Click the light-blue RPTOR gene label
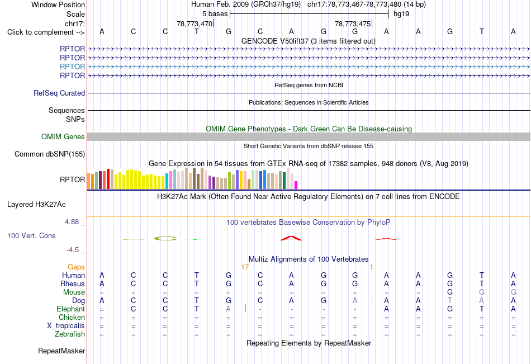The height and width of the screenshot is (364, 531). coord(72,67)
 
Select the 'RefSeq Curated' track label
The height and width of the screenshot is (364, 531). coord(59,93)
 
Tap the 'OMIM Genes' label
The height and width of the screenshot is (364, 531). coord(63,136)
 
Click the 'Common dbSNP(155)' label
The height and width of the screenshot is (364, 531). coord(50,154)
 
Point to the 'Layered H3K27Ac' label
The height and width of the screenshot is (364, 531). coord(36,205)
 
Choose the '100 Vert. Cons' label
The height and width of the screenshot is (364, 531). coord(31,235)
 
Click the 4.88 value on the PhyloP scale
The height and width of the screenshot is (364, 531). coord(72,221)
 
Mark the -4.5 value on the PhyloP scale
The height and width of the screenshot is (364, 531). coord(73,250)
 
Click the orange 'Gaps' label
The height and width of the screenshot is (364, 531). coord(76,267)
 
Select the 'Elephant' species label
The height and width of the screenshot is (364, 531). coord(71,309)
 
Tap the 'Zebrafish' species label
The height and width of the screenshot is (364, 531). coord(70,334)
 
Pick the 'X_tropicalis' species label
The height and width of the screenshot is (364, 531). coord(66,326)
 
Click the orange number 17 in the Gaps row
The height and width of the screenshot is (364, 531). coord(245,267)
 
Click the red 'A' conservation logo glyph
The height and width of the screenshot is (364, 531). coord(291,238)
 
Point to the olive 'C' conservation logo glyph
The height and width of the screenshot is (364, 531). coord(165,239)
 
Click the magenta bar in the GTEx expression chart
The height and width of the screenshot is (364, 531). coord(296,185)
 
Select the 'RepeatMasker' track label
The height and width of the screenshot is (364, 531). coord(61,351)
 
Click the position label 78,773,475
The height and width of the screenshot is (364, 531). coord(353,23)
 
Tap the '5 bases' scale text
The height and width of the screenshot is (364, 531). coord(215,14)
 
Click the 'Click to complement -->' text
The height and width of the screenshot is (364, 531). coord(46,32)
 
